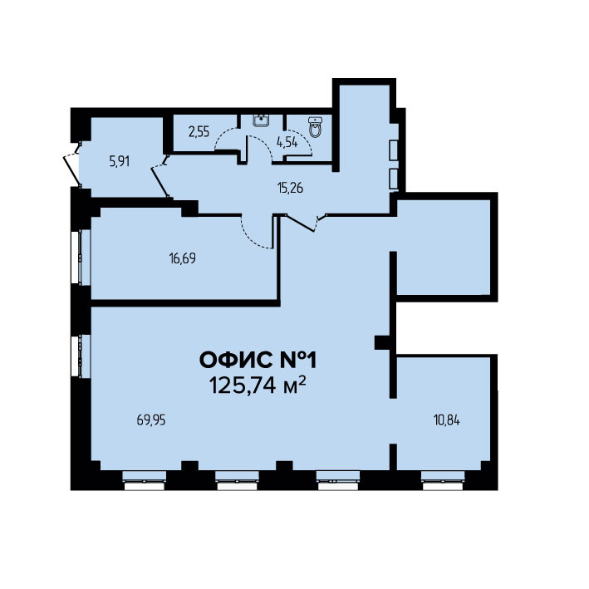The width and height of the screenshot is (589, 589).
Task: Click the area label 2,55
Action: coord(199,132)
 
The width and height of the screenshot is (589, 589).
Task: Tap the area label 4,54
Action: coord(287,142)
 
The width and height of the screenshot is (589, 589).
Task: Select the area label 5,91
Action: coord(120,161)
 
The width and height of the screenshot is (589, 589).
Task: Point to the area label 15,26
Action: coord(290,188)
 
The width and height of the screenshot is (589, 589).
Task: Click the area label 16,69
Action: coord(183,258)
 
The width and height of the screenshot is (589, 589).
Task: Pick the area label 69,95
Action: coord(151,420)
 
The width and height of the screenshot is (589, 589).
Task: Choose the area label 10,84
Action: coord(447,420)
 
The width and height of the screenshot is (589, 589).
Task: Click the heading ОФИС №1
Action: coord(258,361)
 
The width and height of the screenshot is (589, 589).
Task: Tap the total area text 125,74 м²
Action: coord(258,385)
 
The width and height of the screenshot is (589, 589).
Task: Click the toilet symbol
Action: coord(314,126)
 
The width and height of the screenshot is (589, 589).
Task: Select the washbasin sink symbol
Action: coord(262,120)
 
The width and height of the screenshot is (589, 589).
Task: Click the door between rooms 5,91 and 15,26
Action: coord(160,177)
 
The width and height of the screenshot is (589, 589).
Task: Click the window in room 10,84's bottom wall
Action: coord(443,481)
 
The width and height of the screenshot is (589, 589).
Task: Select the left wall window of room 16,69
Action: coord(81,258)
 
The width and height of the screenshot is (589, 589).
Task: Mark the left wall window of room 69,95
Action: coord(81,356)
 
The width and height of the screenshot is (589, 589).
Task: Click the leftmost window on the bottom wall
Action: coord(144,481)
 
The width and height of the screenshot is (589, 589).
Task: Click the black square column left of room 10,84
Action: coord(382,342)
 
